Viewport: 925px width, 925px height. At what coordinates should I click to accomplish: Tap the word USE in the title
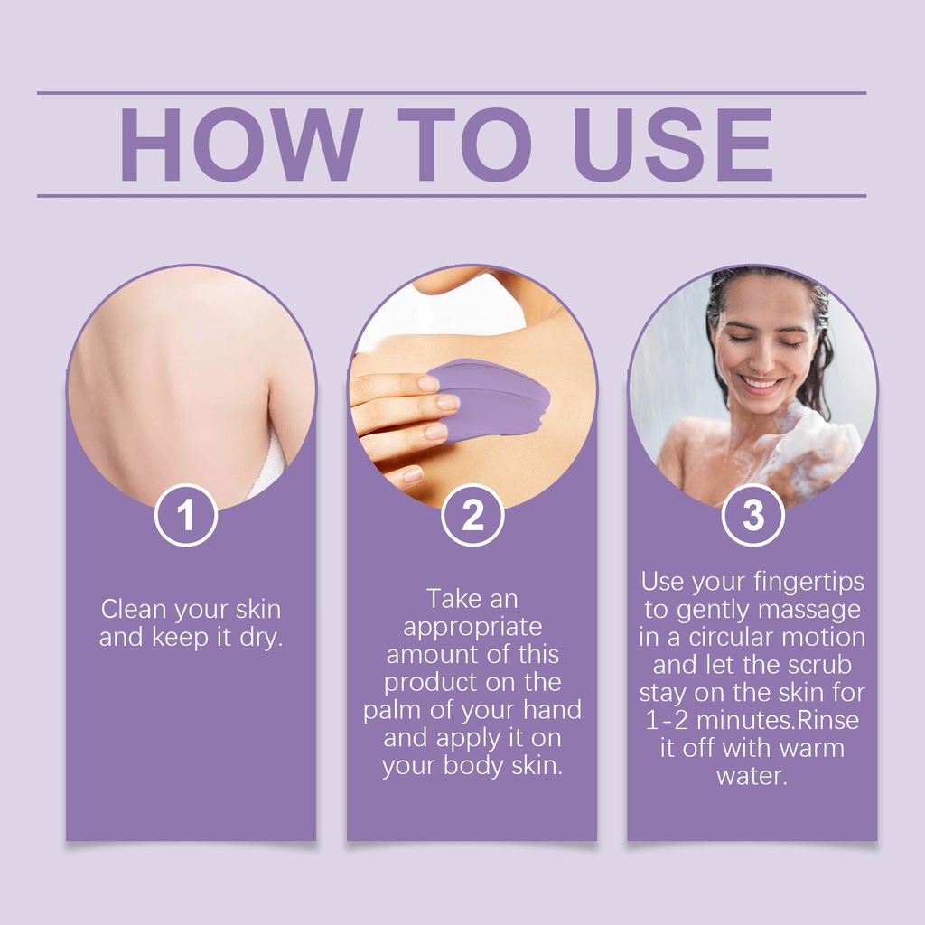[x=673, y=145]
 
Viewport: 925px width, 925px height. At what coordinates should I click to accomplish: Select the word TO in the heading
[x=465, y=145]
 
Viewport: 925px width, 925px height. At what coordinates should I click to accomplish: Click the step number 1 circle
[x=186, y=515]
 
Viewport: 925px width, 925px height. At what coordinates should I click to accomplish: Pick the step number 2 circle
[x=472, y=515]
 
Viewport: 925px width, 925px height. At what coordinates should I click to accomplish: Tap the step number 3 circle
[x=752, y=515]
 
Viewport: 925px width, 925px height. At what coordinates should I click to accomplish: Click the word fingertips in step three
[x=808, y=583]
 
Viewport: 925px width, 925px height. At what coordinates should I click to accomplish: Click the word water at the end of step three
[x=752, y=776]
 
